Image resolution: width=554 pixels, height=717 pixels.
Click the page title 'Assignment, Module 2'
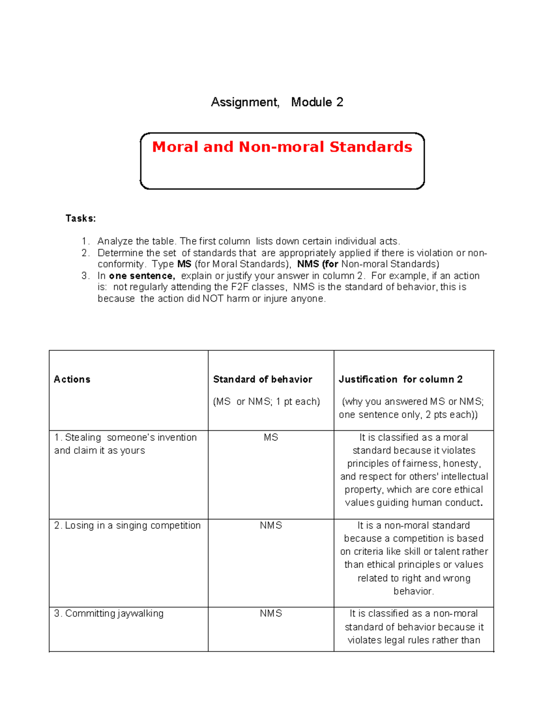coord(277,102)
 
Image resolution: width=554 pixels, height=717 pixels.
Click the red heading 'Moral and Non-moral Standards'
coord(282,147)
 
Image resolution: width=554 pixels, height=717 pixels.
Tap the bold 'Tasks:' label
coord(80,218)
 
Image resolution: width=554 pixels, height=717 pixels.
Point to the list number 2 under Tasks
coord(85,253)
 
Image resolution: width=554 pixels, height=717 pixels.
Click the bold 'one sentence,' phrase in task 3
coord(142,276)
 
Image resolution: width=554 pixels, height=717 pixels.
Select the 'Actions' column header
coord(72,379)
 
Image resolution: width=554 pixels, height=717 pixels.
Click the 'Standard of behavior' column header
coord(262,379)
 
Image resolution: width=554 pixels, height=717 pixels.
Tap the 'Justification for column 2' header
coord(400,379)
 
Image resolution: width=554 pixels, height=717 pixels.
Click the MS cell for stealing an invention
coord(271,437)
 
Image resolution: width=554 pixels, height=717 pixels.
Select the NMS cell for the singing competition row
coord(271,525)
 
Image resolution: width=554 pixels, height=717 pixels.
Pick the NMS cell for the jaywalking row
coord(271,613)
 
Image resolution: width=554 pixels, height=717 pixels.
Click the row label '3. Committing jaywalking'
coord(109,613)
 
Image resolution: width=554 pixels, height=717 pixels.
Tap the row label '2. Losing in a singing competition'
coord(127,525)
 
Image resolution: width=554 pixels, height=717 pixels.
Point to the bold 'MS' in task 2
coord(184,264)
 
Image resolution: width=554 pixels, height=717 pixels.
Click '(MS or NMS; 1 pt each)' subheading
coord(266,401)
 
